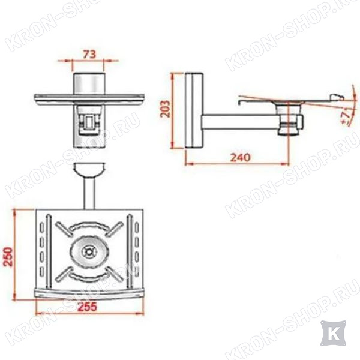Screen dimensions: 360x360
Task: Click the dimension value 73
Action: tap(89, 55)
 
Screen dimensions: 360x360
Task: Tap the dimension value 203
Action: tap(165, 109)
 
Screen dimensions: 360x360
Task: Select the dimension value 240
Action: tap(240, 157)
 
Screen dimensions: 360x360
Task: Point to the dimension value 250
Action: tap(9, 256)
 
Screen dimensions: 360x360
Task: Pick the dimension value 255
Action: tap(88, 307)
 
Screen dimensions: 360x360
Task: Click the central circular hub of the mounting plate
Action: tap(89, 252)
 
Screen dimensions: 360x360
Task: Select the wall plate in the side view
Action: tap(194, 110)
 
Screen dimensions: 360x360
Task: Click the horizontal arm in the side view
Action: tap(241, 121)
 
